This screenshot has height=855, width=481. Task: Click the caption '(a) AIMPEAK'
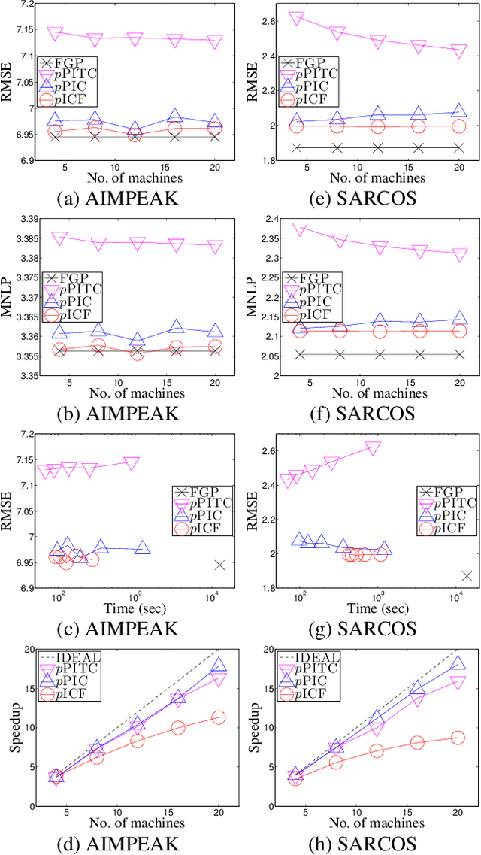coord(116,198)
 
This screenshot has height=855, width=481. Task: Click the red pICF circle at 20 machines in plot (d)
coord(219,717)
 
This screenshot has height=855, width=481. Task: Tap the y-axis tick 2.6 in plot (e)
coord(268,20)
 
